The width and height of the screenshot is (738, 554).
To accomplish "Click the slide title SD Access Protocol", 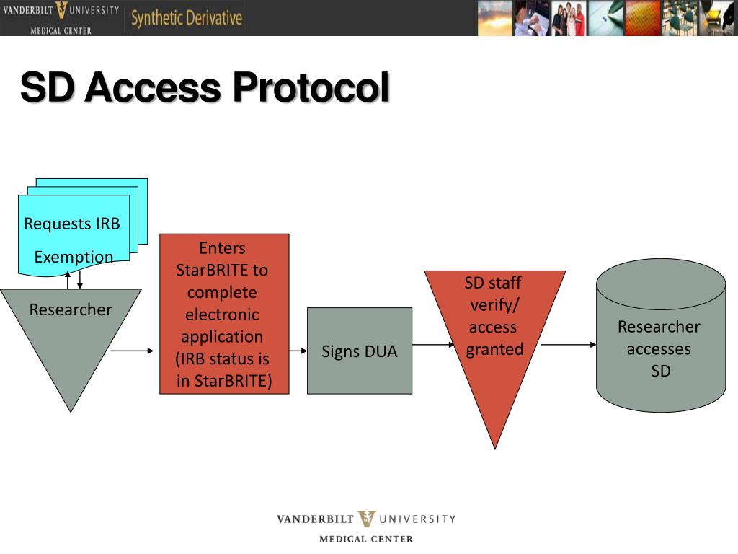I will pos(205,88).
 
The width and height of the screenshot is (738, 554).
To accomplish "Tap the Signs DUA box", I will pos(359,351).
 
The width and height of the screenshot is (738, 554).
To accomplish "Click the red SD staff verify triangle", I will pos(494,339).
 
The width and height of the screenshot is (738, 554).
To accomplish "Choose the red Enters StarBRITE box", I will pos(224,314).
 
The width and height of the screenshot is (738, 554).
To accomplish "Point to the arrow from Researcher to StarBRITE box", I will pos(133,351).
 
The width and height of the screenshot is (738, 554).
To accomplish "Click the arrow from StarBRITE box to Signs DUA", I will pos(298,351).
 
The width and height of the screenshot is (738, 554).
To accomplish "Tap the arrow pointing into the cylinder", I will pos(569,345).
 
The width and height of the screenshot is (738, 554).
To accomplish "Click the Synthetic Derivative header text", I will pos(186,18).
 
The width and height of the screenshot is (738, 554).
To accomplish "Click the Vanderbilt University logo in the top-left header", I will pos(61,18).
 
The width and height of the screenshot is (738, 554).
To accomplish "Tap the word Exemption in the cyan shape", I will pos(74,257).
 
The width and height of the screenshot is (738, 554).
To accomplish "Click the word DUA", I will pos(379,352).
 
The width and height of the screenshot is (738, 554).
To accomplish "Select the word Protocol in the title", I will pos(311,88).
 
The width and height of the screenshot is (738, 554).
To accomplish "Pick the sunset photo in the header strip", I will pos(495,18).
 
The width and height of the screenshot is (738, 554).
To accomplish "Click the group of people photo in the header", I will pos(569,18).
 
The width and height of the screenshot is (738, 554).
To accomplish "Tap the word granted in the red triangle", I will pos(494,349).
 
